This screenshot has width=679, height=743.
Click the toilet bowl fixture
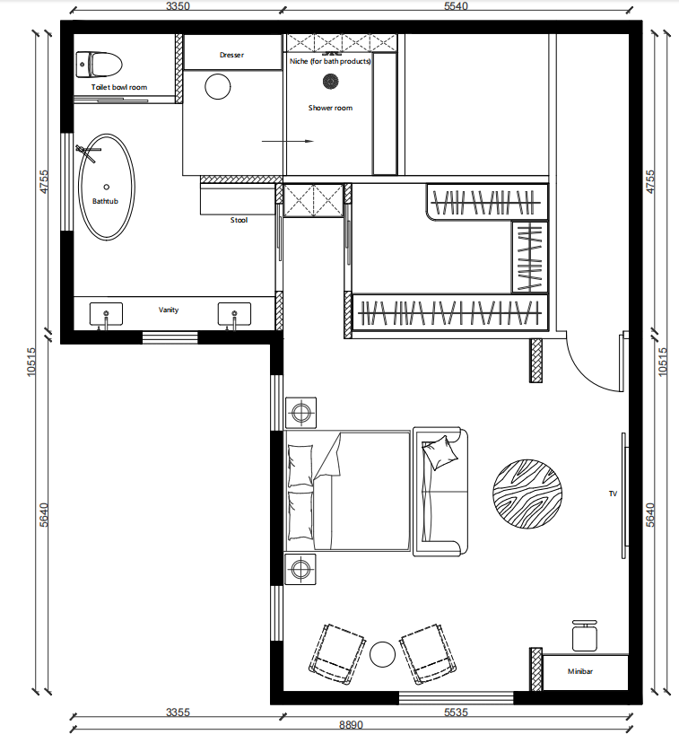[100, 65]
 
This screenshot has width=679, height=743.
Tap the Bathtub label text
[105, 202]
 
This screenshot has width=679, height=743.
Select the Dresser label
[231, 56]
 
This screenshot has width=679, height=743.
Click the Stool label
[239, 220]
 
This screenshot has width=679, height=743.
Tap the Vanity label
[169, 310]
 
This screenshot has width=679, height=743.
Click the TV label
[614, 494]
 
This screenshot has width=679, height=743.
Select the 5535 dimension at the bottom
[458, 712]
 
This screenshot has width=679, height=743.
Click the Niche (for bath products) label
[330, 61]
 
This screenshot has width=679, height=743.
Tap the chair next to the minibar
[585, 635]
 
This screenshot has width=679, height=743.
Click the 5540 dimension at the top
[459, 7]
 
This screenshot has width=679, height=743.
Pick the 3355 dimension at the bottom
[178, 712]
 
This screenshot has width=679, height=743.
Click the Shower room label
[330, 108]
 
